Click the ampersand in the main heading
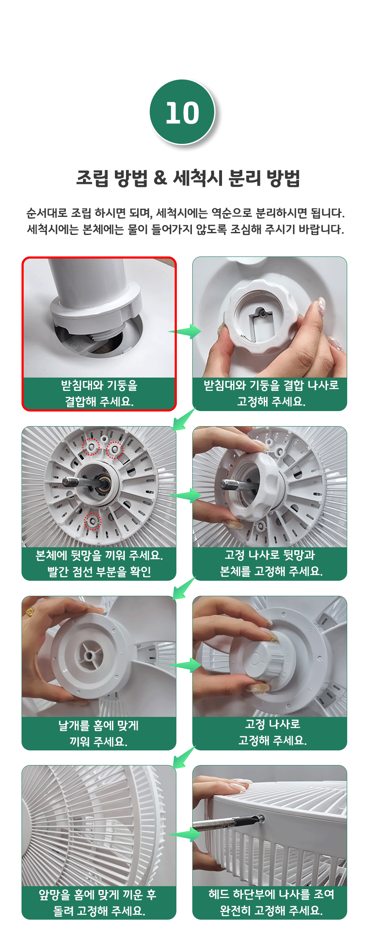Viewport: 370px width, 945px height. (160, 177)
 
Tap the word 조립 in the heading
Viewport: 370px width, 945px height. (92, 178)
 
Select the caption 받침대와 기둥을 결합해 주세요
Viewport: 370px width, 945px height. (99, 393)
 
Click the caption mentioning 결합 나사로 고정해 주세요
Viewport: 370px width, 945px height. (271, 393)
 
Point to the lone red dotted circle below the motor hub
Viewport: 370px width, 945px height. (92, 521)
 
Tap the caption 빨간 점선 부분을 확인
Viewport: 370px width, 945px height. (99, 572)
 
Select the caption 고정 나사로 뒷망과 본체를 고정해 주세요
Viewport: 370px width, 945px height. (271, 563)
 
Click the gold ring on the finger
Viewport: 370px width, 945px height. (30, 612)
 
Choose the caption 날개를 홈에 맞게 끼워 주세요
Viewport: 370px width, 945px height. (99, 733)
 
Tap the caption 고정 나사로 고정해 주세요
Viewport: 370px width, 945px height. (273, 732)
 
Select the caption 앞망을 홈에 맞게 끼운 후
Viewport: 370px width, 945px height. (98, 895)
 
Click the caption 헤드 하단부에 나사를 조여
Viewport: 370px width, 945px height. (271, 894)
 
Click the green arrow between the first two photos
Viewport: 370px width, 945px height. (185, 331)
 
